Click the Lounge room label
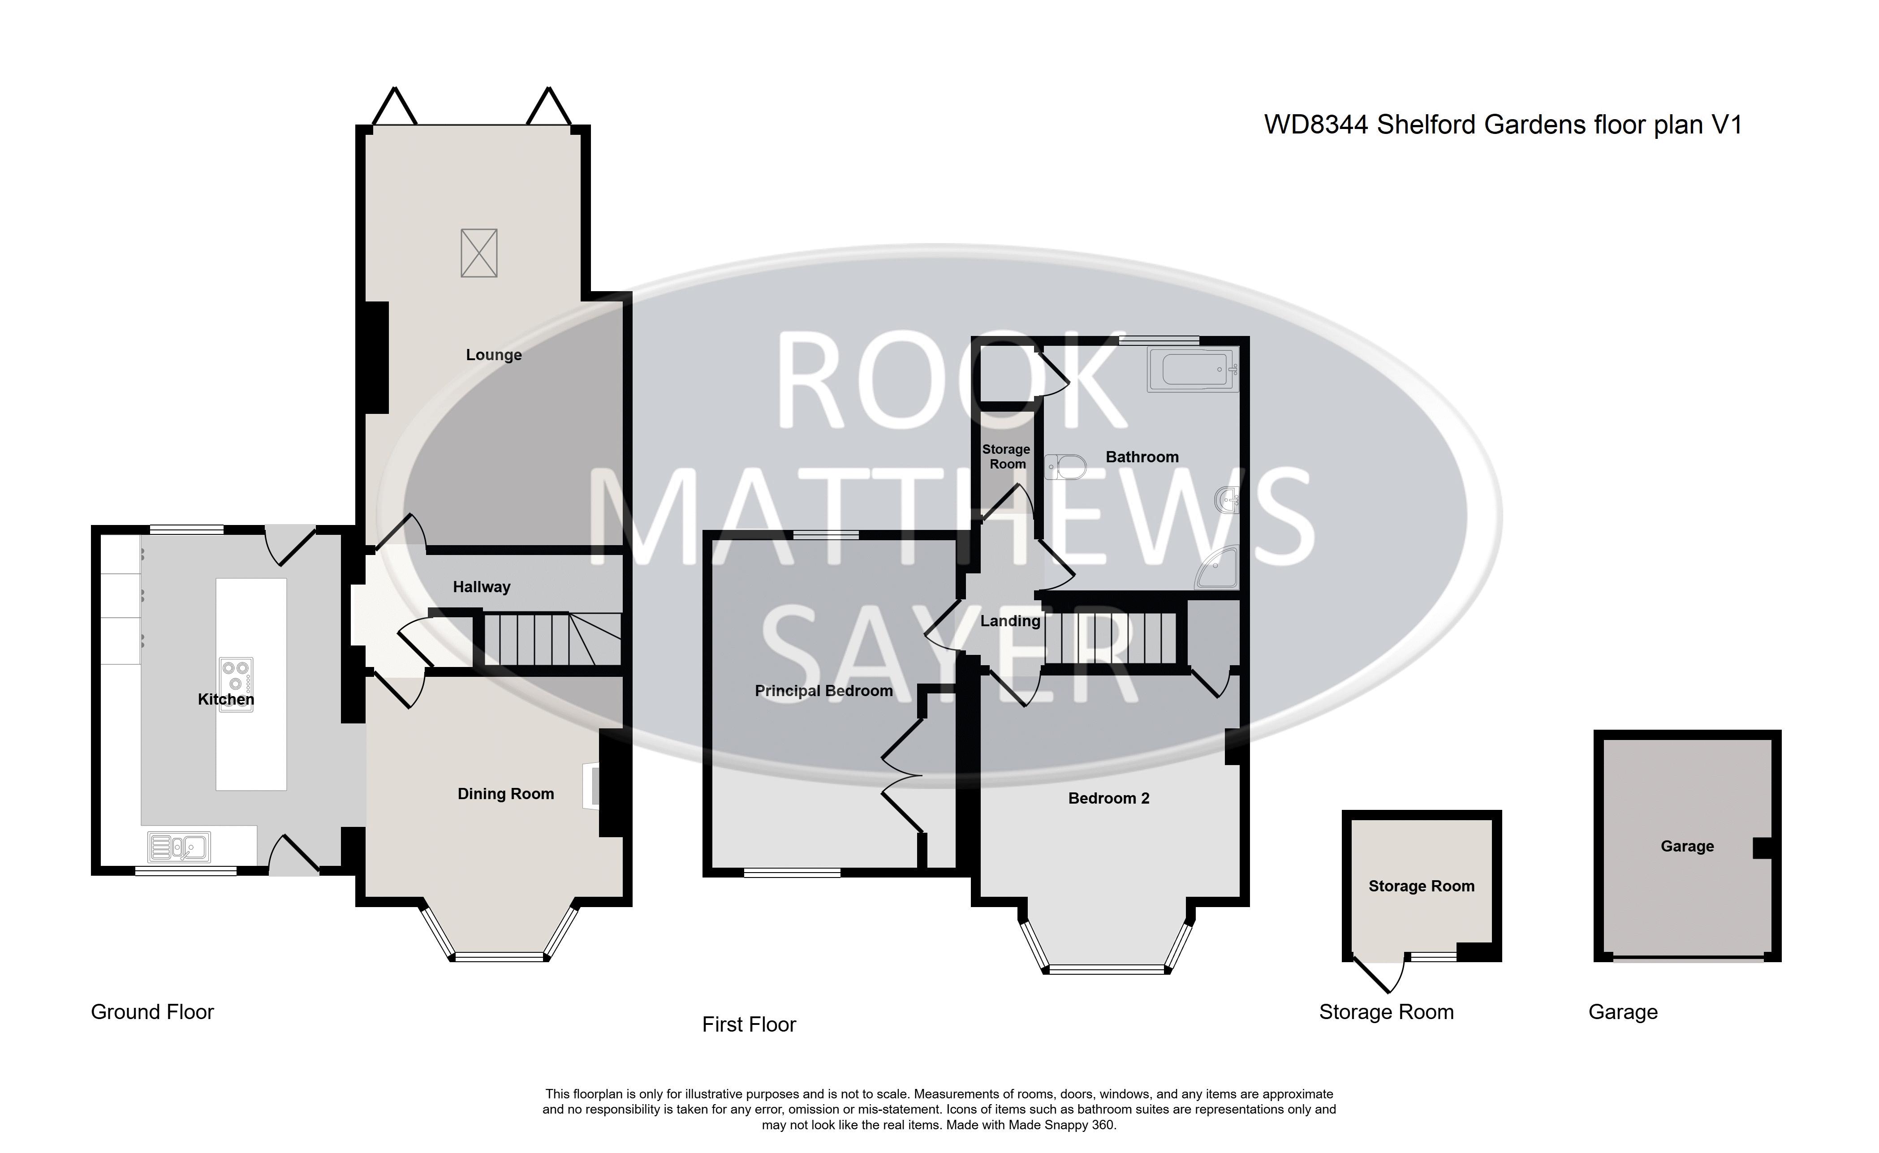coord(493,355)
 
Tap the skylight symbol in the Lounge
coord(479,253)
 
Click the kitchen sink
coord(179,847)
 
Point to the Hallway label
coord(481,586)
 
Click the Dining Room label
coord(505,794)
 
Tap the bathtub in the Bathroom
coord(1193,370)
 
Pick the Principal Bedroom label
coord(823,691)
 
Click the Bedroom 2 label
coord(1109,798)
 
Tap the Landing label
coord(1010,621)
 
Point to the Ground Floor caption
coord(152,1012)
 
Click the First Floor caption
coord(749,1024)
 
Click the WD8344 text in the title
coord(1317,124)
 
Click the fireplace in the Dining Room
coord(592,785)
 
